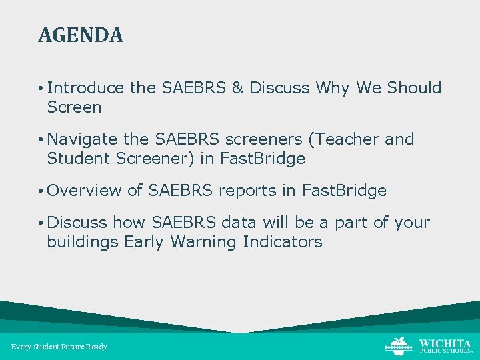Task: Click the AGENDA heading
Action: (x=81, y=35)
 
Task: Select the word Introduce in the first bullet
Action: (x=86, y=88)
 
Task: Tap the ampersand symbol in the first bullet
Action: (x=237, y=88)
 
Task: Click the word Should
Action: (x=414, y=88)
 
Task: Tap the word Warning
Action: (x=201, y=242)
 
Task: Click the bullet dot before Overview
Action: (x=41, y=191)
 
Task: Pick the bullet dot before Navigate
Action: (x=41, y=140)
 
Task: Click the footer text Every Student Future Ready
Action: (x=59, y=347)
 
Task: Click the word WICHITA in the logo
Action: (x=445, y=343)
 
